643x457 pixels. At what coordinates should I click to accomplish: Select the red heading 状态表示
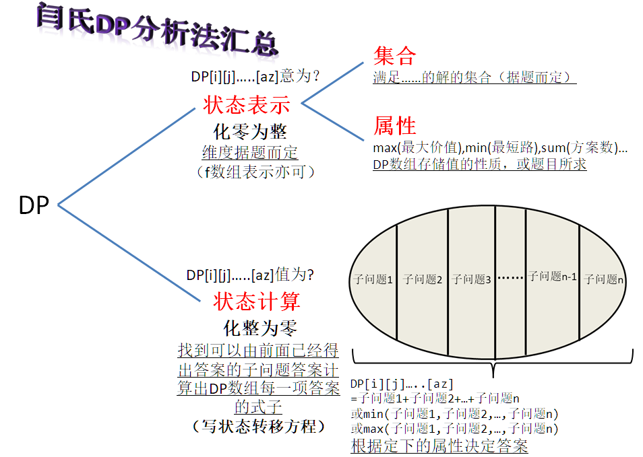click(247, 105)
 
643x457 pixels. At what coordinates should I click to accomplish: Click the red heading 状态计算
click(257, 301)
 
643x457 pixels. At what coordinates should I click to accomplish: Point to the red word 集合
click(394, 56)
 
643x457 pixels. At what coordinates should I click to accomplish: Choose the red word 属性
click(395, 126)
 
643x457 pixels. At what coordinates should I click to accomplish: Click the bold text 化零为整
click(250, 131)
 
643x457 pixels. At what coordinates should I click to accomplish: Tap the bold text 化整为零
click(259, 328)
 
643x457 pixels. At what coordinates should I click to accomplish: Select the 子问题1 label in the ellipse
click(373, 279)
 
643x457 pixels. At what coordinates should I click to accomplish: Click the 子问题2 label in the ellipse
click(422, 279)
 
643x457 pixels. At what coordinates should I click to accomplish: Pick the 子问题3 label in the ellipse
click(471, 279)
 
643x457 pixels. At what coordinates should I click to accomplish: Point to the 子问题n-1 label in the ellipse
click(552, 277)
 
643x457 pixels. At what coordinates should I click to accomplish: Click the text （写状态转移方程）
click(259, 425)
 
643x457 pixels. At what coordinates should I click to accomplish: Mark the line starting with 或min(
click(455, 414)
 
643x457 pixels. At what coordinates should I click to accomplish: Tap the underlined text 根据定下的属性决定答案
click(439, 446)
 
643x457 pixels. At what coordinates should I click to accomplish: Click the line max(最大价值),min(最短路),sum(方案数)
click(499, 148)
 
